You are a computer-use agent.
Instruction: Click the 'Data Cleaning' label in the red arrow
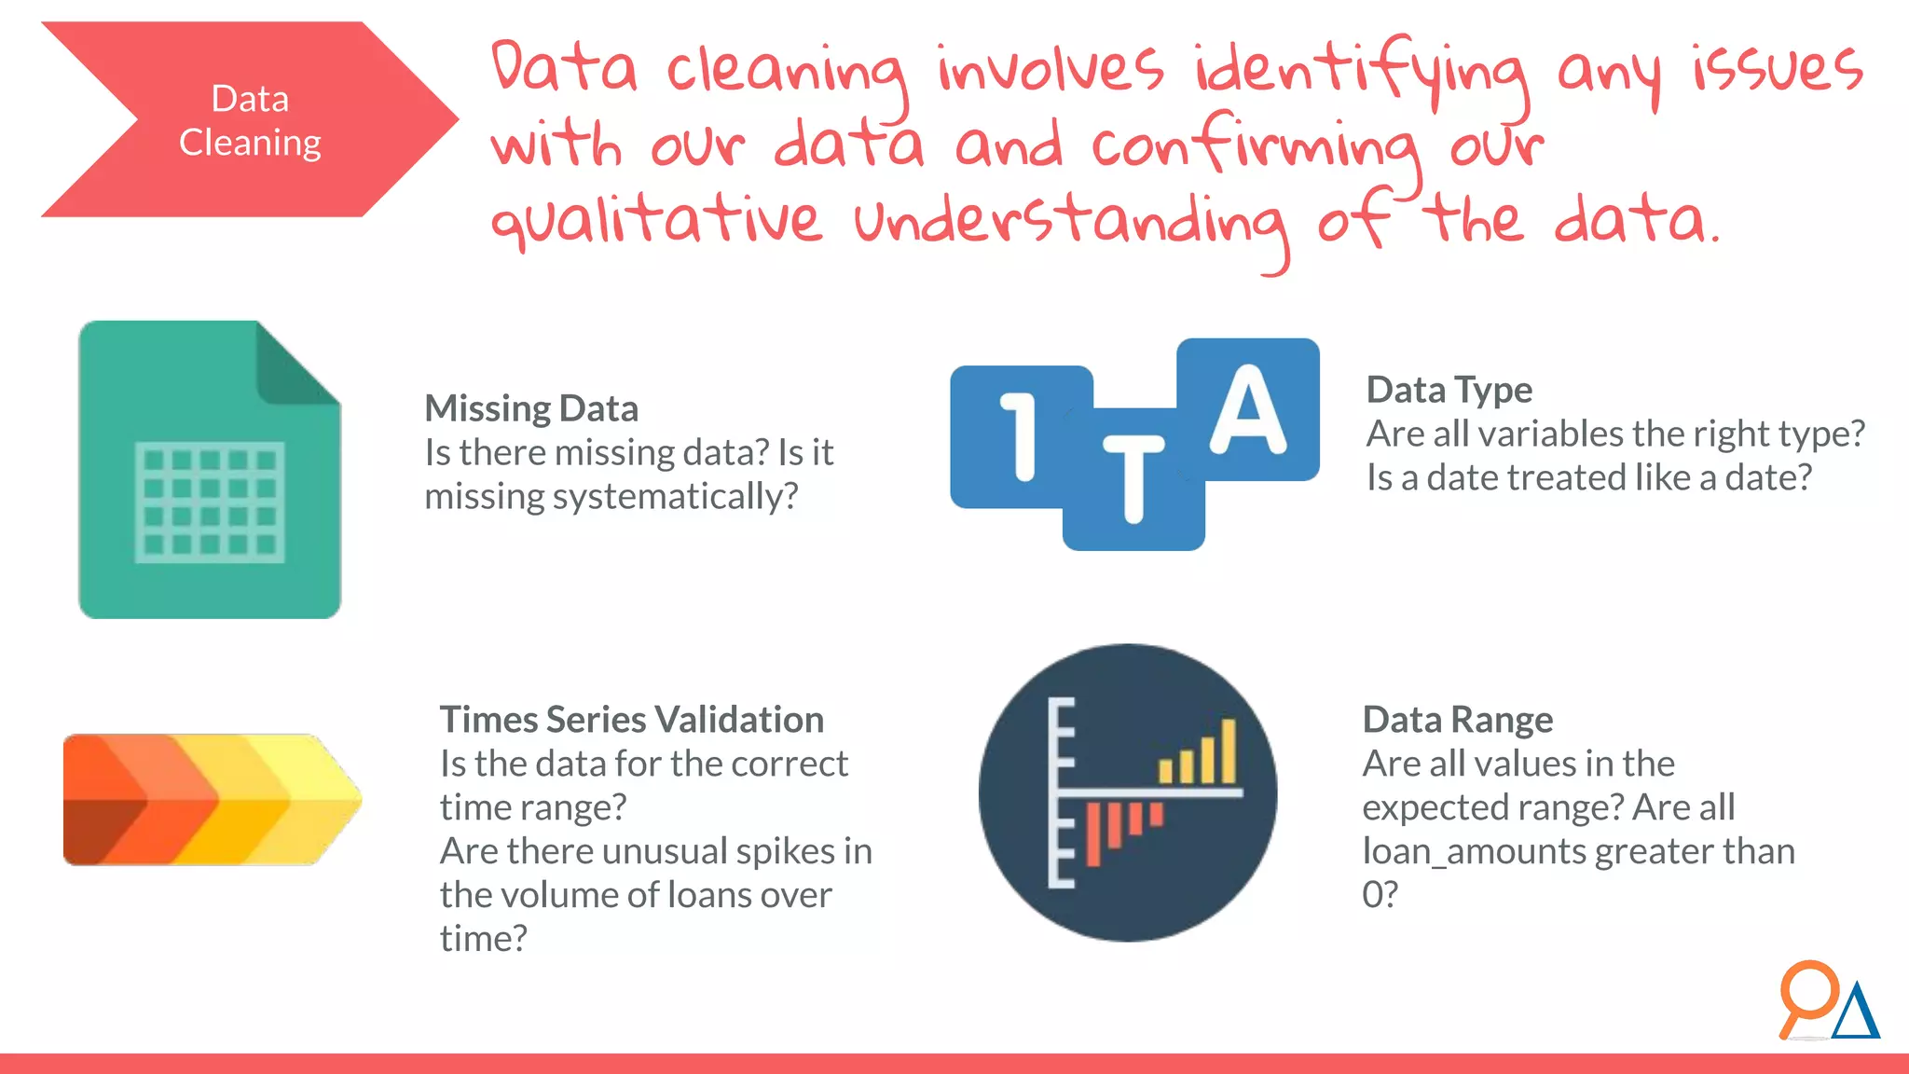click(x=250, y=120)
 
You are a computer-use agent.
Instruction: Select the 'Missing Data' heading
click(x=531, y=408)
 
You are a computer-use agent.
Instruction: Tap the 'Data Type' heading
click(x=1449, y=390)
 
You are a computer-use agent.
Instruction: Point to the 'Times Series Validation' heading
click(x=631, y=720)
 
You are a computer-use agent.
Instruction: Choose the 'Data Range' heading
click(x=1457, y=720)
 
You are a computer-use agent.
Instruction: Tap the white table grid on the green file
click(x=210, y=503)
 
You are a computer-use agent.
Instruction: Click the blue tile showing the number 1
click(x=1020, y=435)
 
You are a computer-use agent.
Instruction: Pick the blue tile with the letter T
click(x=1133, y=481)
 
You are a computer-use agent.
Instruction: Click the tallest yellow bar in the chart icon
click(x=1229, y=750)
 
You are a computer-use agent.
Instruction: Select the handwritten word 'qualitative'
click(x=657, y=221)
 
